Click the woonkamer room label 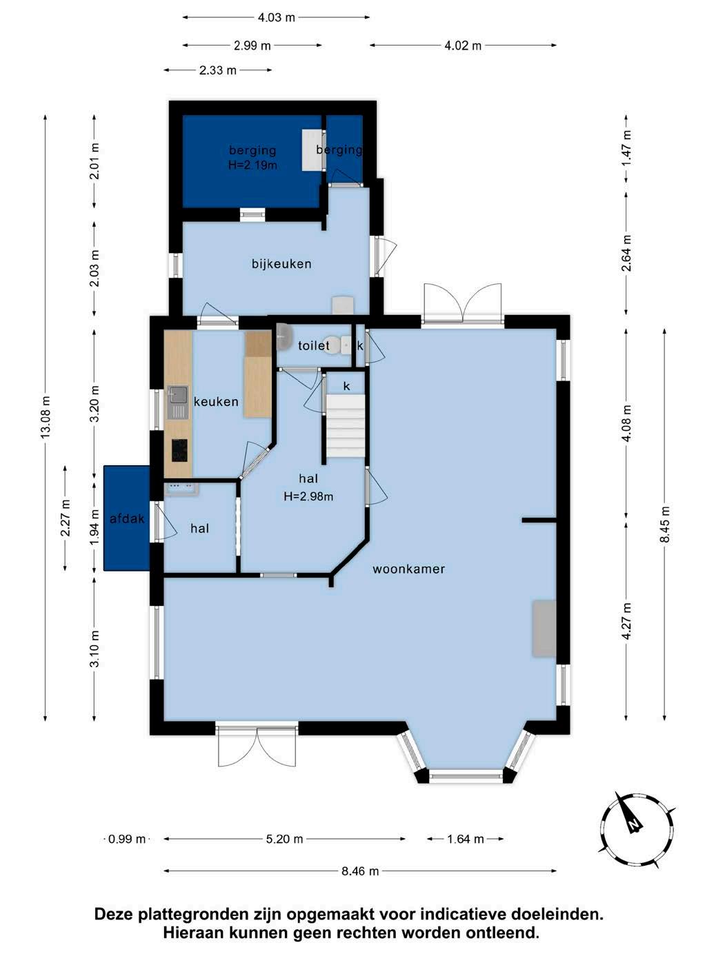[408, 569]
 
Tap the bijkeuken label [281, 264]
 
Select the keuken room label [216, 402]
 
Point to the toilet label [313, 345]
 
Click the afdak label [127, 518]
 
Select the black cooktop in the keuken [179, 450]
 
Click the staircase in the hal [346, 425]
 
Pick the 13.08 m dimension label [46, 418]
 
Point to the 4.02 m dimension [463, 45]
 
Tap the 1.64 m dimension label [465, 839]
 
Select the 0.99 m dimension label [126, 839]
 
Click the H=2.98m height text [308, 496]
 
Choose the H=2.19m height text [252, 165]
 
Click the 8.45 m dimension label [665, 525]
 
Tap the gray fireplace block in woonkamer [544, 628]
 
